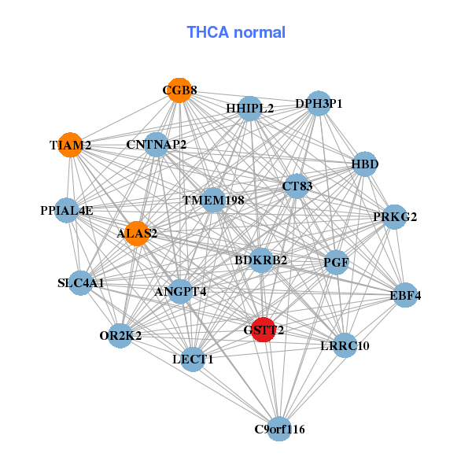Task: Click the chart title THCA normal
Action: click(236, 32)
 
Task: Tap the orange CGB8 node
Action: click(179, 90)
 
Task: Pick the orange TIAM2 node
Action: click(71, 146)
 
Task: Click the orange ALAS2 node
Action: click(138, 234)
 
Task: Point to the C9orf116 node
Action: click(279, 430)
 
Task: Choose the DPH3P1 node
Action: click(318, 104)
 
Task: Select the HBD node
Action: click(365, 164)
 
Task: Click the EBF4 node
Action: click(405, 296)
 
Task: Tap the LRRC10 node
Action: click(345, 345)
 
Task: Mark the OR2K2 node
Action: click(120, 337)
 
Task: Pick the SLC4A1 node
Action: click(80, 282)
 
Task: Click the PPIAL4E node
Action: click(67, 211)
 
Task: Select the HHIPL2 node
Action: click(249, 109)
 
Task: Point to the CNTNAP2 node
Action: click(157, 145)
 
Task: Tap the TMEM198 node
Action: click(213, 201)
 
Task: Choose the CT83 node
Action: click(297, 186)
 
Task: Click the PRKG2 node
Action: click(395, 216)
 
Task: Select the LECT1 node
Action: click(193, 360)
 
